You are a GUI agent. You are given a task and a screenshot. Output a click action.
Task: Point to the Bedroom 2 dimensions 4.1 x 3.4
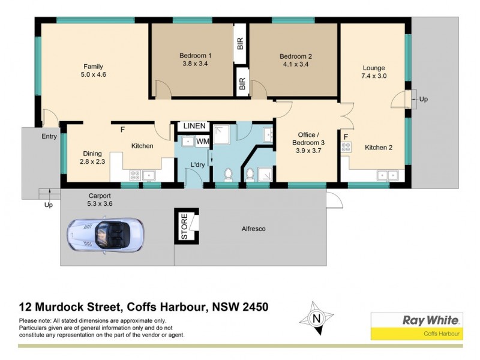point(295,66)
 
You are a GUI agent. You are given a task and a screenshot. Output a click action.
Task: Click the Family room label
point(92,66)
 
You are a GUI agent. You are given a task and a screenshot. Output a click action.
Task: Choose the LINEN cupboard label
point(194,126)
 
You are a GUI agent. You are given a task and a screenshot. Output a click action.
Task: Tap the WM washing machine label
point(203,141)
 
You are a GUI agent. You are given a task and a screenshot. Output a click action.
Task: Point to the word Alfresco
point(254,229)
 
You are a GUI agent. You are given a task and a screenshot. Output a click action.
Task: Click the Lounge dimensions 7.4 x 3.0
point(373,77)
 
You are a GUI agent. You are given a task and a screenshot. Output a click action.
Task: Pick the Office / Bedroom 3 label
point(308,139)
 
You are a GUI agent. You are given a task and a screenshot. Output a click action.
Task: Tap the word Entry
point(49,137)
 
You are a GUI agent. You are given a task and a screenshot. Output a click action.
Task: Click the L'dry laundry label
point(198,165)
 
